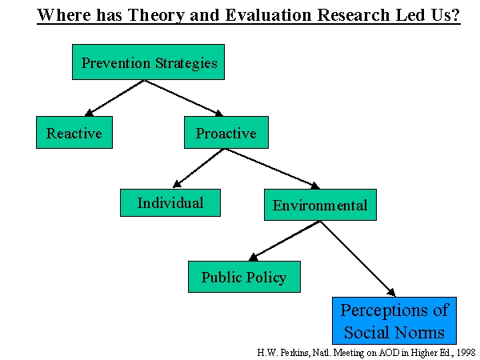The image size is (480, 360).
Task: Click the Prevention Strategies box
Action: coord(149,62)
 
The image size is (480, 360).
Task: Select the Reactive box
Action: coord(74,133)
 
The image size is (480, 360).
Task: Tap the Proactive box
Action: coord(226,133)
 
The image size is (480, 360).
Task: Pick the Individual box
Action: coord(170,202)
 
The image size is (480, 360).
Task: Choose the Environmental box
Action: coord(320,205)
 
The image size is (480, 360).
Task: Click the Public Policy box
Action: coord(244,277)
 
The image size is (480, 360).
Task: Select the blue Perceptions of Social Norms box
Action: coord(394,321)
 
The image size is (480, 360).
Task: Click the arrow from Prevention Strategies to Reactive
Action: coord(114,98)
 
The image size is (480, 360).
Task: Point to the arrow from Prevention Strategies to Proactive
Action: coord(184,98)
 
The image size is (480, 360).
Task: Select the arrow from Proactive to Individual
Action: coord(198,168)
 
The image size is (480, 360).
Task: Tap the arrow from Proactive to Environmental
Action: coord(273,169)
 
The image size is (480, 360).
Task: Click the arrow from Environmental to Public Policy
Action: coord(285,241)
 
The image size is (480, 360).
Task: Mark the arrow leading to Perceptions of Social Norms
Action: coord(358,258)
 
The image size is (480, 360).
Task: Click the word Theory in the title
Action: coord(156,15)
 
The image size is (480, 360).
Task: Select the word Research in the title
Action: coord(354,14)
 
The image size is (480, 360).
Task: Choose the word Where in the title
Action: coord(64,14)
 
